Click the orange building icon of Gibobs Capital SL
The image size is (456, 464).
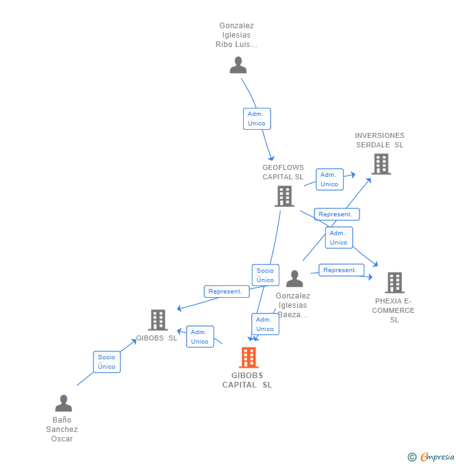pyautogui.click(x=249, y=357)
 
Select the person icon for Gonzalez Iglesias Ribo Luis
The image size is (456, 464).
pyautogui.click(x=238, y=65)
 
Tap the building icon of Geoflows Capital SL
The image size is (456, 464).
pyautogui.click(x=284, y=196)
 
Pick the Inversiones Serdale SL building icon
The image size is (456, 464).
pyautogui.click(x=381, y=164)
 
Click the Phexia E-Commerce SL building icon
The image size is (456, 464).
pyautogui.click(x=395, y=283)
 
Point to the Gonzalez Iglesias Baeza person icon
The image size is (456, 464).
pyautogui.click(x=294, y=279)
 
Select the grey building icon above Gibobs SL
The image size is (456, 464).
pyautogui.click(x=158, y=320)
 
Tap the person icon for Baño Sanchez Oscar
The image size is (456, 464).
pyautogui.click(x=63, y=403)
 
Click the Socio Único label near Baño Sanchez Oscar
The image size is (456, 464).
pyautogui.click(x=106, y=362)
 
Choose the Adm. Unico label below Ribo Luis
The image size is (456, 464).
pyautogui.click(x=256, y=119)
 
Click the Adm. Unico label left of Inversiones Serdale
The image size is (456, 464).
pyautogui.click(x=329, y=179)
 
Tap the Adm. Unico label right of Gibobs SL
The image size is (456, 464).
pyautogui.click(x=200, y=337)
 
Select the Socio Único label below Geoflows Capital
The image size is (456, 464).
pyautogui.click(x=265, y=275)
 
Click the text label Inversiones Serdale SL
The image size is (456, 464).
pyautogui.click(x=380, y=140)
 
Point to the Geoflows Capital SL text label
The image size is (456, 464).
pyautogui.click(x=283, y=172)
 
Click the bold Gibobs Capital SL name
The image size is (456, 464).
pyautogui.click(x=247, y=380)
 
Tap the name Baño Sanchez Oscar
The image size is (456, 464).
pyautogui.click(x=62, y=429)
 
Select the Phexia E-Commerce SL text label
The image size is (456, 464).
pyautogui.click(x=393, y=310)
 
